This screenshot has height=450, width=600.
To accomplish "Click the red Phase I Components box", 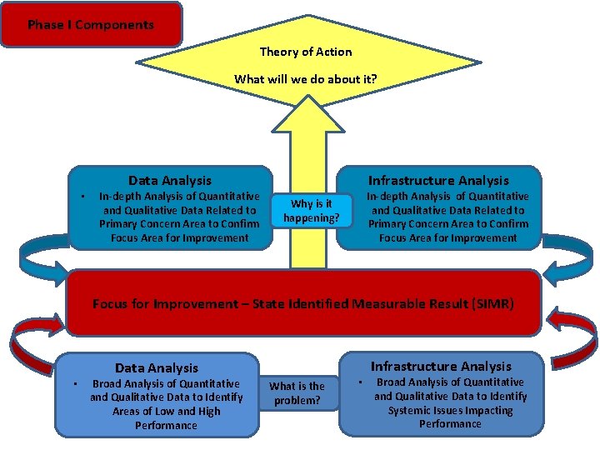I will (x=91, y=24).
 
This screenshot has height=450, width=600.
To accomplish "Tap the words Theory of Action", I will (x=306, y=52).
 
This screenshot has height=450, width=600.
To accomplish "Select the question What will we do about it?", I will (x=305, y=79).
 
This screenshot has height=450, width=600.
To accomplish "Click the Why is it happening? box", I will (x=311, y=211).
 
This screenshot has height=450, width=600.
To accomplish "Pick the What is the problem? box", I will (x=297, y=393).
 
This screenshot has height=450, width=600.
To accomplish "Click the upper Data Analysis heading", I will (x=170, y=180).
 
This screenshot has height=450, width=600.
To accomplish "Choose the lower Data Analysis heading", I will (x=157, y=367).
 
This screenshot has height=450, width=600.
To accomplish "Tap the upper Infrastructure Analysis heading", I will (x=438, y=180).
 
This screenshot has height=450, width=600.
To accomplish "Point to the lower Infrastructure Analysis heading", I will (x=441, y=366).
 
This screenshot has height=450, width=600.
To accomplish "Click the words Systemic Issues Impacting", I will (x=450, y=410).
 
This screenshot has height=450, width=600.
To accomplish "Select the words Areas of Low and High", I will (x=167, y=411).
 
